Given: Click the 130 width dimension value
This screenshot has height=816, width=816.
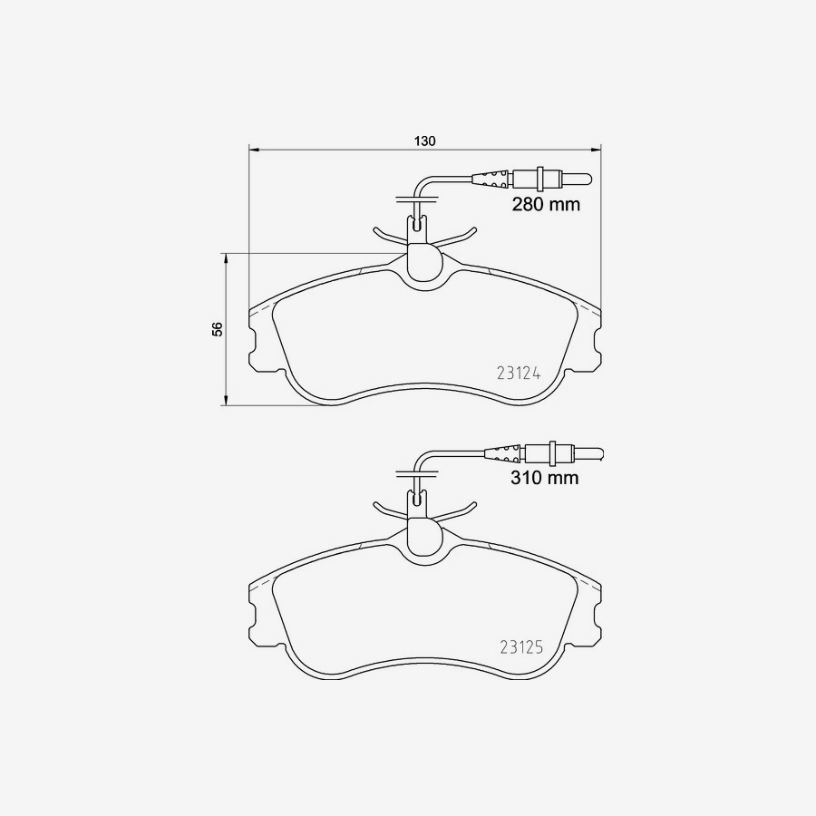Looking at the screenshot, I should coord(425,141).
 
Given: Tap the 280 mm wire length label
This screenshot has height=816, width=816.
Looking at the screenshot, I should coord(545,205).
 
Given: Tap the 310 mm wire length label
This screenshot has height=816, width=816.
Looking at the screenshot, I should coord(543,478).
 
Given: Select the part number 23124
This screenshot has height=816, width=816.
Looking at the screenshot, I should coord(519,372).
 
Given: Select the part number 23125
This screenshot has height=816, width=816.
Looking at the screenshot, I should coord(520,647).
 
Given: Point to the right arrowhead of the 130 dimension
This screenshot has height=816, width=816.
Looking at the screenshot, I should coord(595,149).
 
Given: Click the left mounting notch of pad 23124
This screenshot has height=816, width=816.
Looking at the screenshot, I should coord(253,342).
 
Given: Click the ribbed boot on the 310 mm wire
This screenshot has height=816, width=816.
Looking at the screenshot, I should coord(504,451).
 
